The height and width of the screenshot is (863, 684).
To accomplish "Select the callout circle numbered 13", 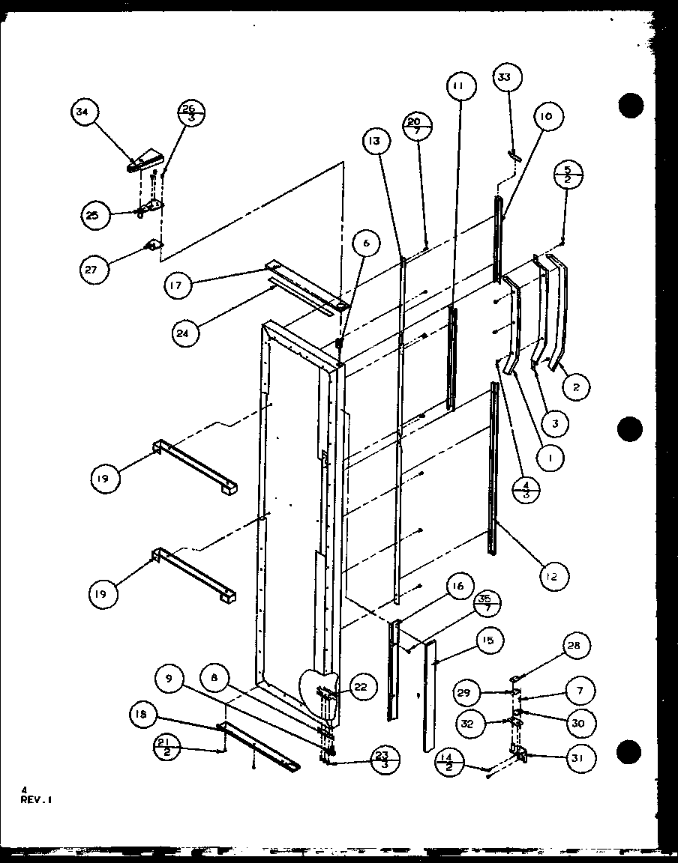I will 375,140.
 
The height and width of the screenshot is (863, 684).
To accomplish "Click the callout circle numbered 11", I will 459,88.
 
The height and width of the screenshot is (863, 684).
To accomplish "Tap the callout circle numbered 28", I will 578,646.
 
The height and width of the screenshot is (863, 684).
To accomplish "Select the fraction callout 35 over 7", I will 488,603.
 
